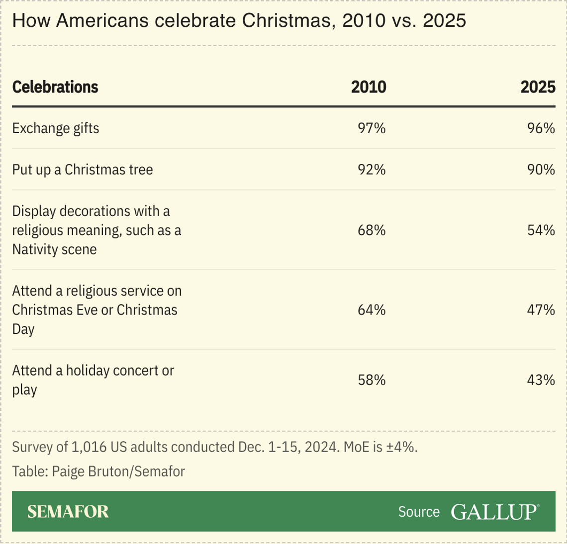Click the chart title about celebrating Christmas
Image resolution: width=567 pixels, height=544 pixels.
pos(239,21)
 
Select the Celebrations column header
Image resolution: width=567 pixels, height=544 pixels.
pos(55,87)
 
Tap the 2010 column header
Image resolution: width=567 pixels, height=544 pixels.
pos(369,87)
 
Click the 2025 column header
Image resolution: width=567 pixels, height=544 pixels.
pos(538,87)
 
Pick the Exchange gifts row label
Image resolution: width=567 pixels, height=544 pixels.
pos(56,128)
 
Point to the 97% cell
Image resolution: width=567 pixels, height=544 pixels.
pos(372,128)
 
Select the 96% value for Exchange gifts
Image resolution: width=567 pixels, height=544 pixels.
pos(541,128)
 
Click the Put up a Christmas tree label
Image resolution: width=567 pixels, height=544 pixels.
pos(83,169)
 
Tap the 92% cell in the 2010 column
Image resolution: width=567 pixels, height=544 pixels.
pos(372,169)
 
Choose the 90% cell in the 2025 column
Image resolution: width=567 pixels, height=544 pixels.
pos(541,169)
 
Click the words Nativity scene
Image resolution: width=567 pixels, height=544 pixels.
pos(55,249)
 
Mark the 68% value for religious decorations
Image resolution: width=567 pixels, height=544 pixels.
pos(372,230)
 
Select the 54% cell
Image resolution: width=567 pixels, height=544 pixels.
pos(541,230)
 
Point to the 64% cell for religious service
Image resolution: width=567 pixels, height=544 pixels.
pos(372,310)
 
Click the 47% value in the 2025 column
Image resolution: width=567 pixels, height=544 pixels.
pos(541,310)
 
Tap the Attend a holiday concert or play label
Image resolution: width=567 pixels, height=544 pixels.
pos(93,380)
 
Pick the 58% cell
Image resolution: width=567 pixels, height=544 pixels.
pos(372,380)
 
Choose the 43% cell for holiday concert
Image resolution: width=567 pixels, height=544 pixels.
pos(541,380)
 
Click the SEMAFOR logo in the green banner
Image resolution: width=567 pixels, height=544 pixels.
pos(68,512)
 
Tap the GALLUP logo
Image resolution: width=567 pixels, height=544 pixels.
pos(494,512)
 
